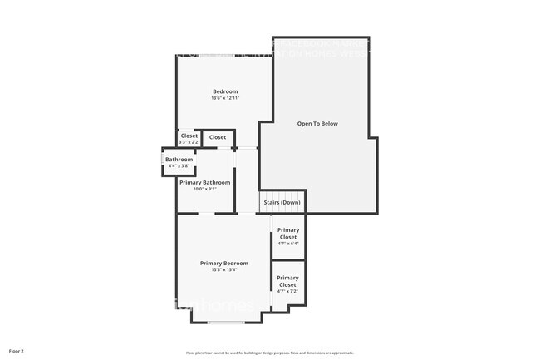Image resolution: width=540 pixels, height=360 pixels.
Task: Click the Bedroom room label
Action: click(x=225, y=91)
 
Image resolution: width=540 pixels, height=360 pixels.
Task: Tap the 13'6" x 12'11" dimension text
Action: click(x=225, y=99)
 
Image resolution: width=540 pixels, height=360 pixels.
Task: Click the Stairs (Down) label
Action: click(x=282, y=202)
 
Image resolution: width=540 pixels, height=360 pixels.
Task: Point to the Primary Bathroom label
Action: click(x=204, y=182)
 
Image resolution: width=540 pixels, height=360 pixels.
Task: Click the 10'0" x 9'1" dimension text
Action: click(x=204, y=189)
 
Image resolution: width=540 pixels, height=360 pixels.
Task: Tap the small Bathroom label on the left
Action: click(x=179, y=160)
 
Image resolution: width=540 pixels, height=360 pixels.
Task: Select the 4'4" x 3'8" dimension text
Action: click(x=179, y=166)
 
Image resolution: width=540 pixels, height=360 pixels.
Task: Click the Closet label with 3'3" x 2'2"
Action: click(x=189, y=136)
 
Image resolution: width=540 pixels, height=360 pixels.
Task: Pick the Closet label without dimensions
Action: click(x=218, y=137)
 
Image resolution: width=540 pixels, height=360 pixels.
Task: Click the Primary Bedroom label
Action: click(x=224, y=263)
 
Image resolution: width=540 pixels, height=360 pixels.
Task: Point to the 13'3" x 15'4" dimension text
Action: click(x=224, y=269)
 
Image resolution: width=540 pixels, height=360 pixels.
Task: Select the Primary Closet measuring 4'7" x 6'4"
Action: click(x=288, y=234)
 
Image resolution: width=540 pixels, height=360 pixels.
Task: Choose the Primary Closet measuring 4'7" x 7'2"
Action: click(x=287, y=281)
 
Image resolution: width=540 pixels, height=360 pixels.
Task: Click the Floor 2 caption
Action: click(x=17, y=351)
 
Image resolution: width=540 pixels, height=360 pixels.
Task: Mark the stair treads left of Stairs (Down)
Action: click(x=247, y=202)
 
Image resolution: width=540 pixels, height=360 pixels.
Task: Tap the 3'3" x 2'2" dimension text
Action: click(x=189, y=142)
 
